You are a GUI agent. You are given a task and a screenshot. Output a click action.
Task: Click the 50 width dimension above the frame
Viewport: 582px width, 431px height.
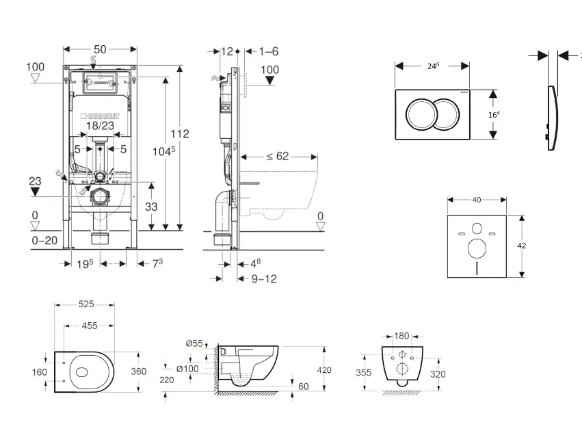[x=100, y=49]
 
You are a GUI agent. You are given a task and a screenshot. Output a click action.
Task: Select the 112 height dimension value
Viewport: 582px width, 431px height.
[x=180, y=133]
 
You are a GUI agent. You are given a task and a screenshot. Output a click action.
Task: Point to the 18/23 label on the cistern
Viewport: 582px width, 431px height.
[x=100, y=126]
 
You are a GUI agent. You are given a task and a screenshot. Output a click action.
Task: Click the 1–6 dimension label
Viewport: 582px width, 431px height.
[x=269, y=51]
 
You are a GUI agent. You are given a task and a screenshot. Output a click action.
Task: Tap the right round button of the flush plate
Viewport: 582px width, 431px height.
[x=448, y=113]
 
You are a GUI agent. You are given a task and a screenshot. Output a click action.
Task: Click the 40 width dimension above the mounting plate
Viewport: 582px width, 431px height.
[x=477, y=200]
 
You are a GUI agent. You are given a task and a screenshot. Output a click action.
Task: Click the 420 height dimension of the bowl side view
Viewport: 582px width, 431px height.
[x=323, y=370]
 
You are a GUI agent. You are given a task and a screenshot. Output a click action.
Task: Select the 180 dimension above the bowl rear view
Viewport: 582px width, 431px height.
[x=401, y=336]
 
